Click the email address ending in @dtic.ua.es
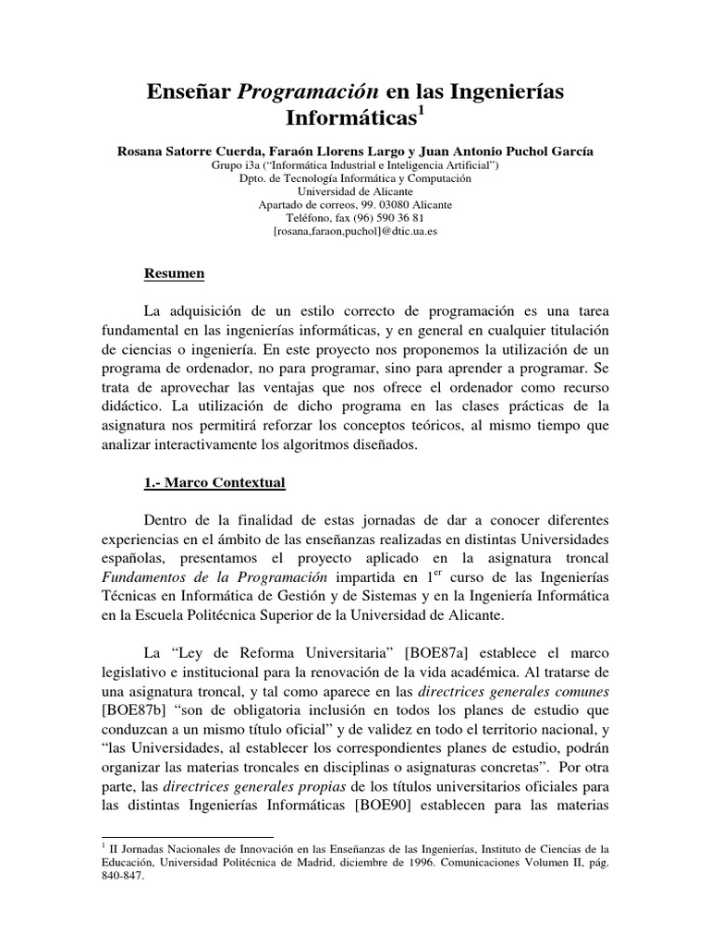click(355, 233)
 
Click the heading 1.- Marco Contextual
click(214, 483)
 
